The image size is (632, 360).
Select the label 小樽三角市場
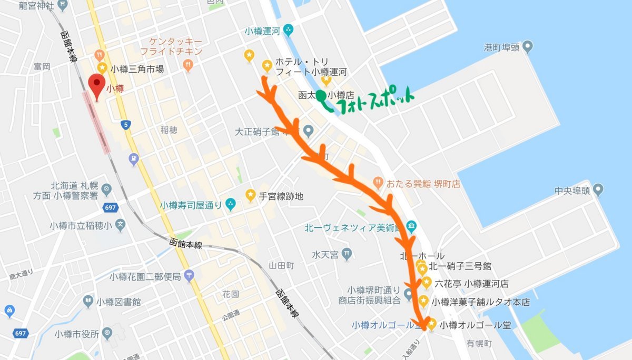[x=137, y=68]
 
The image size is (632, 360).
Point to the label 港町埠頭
[x=501, y=47]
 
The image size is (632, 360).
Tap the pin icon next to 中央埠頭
[x=598, y=189]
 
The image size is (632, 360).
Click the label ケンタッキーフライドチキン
[x=171, y=46]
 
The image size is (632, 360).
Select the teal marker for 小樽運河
[x=288, y=31]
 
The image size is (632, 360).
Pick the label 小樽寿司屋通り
[x=191, y=205]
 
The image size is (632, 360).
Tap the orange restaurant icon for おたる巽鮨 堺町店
[x=378, y=183]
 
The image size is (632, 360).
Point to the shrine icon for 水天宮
[x=346, y=254]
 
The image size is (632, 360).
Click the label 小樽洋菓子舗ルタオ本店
[x=481, y=302]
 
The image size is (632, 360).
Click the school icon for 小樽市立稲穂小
[x=121, y=225]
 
